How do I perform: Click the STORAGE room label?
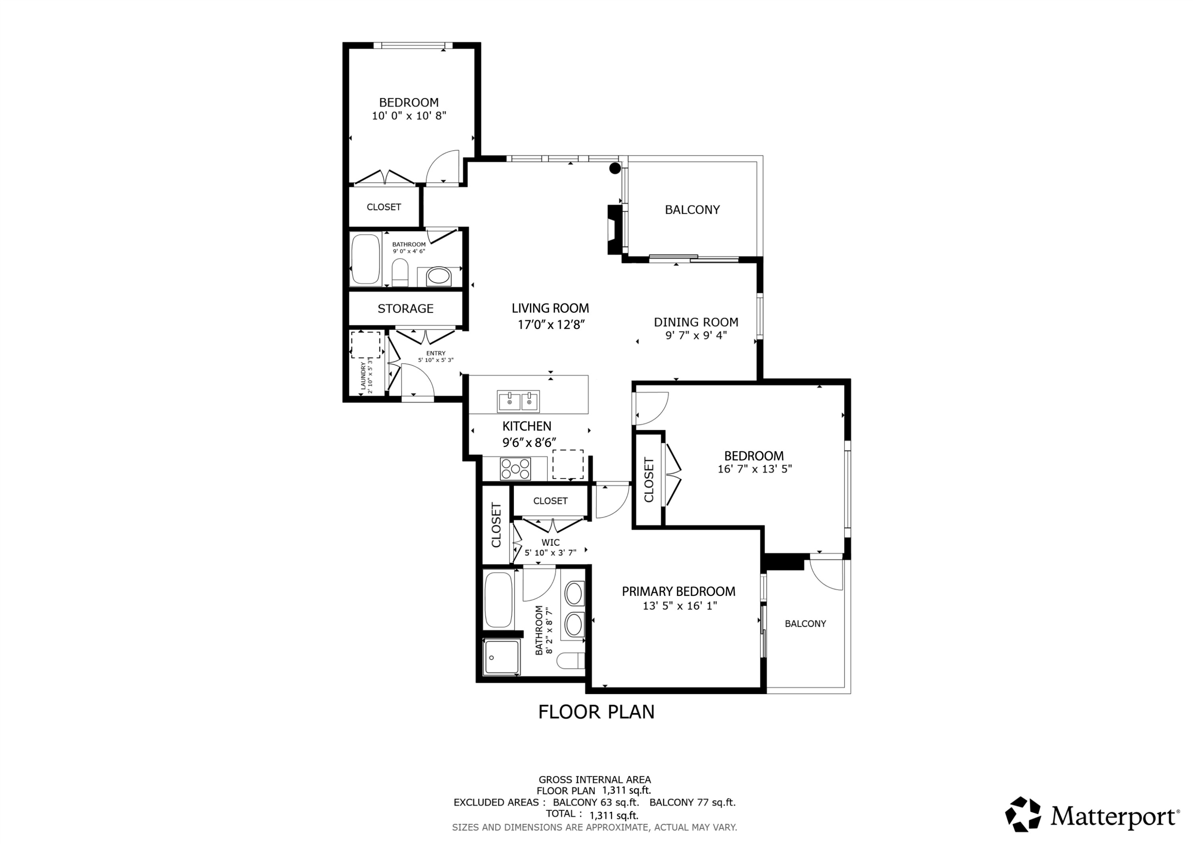(405, 308)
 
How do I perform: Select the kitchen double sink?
(519, 402)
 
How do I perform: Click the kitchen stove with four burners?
(515, 468)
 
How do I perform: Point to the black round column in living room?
(615, 168)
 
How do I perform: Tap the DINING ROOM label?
(696, 322)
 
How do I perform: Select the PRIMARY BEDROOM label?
(678, 591)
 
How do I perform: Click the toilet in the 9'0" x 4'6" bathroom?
(400, 273)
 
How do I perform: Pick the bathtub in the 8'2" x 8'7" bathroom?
(498, 600)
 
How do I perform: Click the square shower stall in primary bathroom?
(501, 657)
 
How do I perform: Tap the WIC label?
(550, 542)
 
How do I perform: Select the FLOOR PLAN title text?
(596, 712)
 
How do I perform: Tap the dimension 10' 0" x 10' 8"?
(409, 115)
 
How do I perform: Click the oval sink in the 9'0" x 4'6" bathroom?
(439, 276)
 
